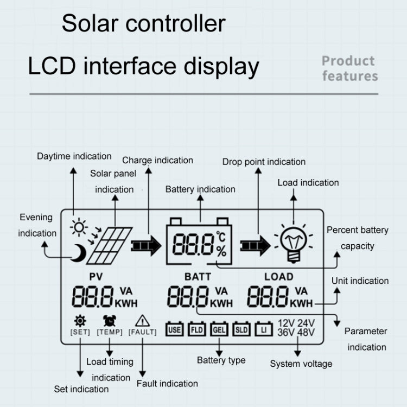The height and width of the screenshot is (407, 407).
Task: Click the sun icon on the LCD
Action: tap(79, 226)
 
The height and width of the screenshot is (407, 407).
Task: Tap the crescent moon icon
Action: tap(80, 252)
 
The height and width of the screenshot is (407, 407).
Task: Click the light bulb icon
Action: tap(294, 242)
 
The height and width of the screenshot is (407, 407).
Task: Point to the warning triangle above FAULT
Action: tap(142, 320)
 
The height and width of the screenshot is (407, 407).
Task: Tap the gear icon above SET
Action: tap(80, 320)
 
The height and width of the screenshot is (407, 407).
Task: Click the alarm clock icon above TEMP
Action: tap(109, 320)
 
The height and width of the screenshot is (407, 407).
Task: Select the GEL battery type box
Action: tap(219, 328)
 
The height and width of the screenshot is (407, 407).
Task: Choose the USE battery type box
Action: tap(174, 328)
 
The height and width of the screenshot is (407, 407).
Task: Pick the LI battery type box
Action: tap(264, 328)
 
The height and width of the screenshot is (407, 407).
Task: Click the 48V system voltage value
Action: tap(306, 332)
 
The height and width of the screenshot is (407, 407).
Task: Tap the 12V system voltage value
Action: tap(287, 322)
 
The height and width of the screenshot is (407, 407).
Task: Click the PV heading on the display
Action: tap(96, 276)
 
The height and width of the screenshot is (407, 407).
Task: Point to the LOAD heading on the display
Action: tap(278, 276)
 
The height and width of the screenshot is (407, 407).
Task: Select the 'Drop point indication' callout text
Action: tap(264, 162)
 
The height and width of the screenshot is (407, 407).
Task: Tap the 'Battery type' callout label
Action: tap(221, 360)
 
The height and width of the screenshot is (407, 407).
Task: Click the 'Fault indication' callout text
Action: tap(167, 384)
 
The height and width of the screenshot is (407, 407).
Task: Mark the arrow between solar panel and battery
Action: tap(147, 245)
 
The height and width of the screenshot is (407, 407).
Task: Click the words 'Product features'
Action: tap(349, 68)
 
